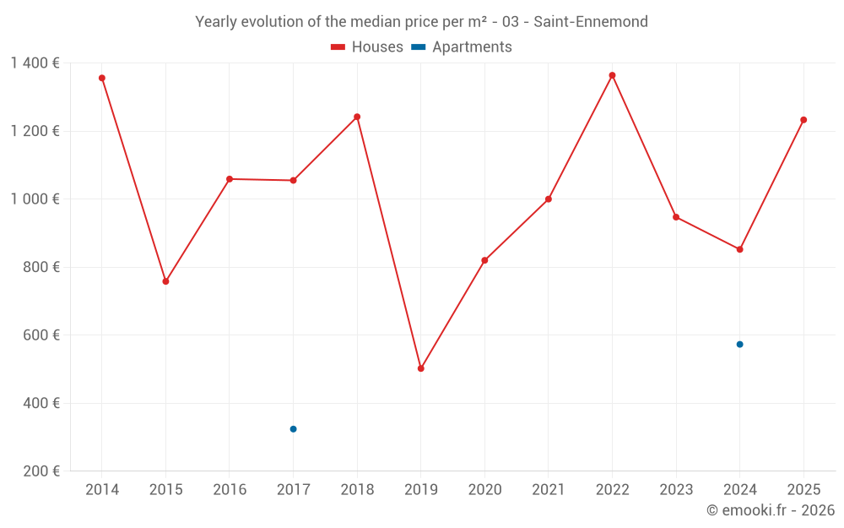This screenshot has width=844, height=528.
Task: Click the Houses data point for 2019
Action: [x=420, y=368]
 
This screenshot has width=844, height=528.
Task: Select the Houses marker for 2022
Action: [x=612, y=75]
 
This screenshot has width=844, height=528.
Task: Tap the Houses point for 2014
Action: [x=102, y=78]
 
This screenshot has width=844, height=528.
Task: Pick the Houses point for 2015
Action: [x=165, y=281]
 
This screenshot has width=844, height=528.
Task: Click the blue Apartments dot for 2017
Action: [x=293, y=429]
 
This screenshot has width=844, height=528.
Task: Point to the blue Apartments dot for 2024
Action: [x=739, y=345]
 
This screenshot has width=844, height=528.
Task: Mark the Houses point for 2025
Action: [x=803, y=120]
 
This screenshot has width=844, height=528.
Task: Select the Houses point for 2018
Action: [x=357, y=117]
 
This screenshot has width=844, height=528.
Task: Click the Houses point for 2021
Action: [x=549, y=199]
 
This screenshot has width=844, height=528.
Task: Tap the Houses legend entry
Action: [x=367, y=47]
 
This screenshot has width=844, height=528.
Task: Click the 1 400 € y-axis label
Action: [x=35, y=63]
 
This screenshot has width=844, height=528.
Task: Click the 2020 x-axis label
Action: [x=484, y=490]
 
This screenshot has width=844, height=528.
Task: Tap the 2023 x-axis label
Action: [x=676, y=490]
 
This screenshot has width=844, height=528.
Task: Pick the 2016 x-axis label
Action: [x=230, y=490]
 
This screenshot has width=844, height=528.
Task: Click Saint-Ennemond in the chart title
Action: [x=591, y=22]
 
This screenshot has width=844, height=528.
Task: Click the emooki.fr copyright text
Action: [x=770, y=510]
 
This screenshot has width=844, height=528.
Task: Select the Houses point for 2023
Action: [x=676, y=217]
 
